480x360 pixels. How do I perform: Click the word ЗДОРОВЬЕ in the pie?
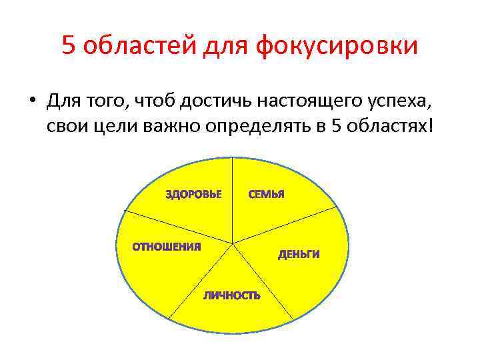point(194,195)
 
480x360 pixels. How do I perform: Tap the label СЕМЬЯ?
point(267,195)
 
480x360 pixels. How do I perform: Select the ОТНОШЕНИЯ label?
point(167,247)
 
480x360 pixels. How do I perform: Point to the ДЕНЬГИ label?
point(299,254)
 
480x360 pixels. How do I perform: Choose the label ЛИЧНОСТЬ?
point(232,295)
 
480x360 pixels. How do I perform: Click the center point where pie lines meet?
point(233,243)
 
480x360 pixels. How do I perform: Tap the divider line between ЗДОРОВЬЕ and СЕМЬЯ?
point(232,200)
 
